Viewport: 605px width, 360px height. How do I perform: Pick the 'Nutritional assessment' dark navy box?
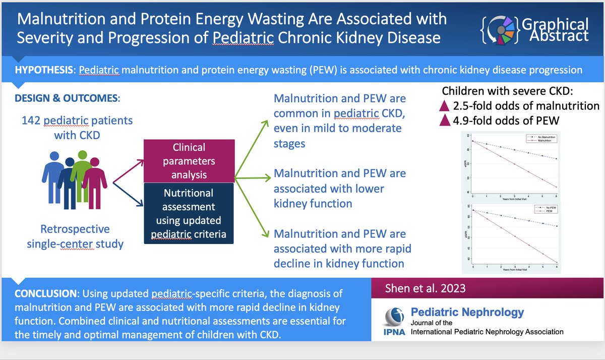click(x=188, y=214)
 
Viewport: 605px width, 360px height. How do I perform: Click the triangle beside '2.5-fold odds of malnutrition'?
click(x=444, y=106)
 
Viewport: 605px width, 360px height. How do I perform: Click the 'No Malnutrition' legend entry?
click(x=538, y=137)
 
